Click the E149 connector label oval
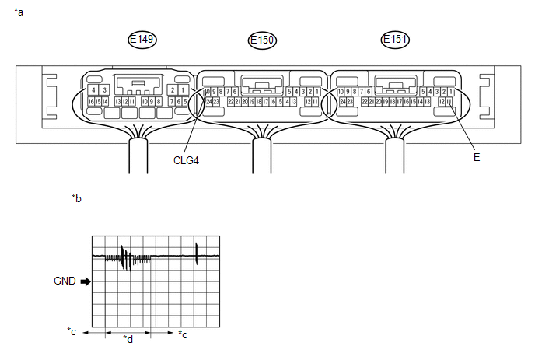[143, 40]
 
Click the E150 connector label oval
[262, 40]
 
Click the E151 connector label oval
[396, 40]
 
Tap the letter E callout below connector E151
[476, 157]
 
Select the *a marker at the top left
[19, 12]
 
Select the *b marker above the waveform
[76, 199]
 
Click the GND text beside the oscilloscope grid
[65, 281]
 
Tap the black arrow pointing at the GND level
[85, 281]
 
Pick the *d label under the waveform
[128, 339]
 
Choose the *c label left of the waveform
[72, 333]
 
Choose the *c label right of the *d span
[183, 334]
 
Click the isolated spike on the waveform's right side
[197, 253]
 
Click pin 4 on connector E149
[93, 91]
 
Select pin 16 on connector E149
[91, 102]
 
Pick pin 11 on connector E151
[449, 102]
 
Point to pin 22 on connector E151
[364, 102]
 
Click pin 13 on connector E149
[117, 102]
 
